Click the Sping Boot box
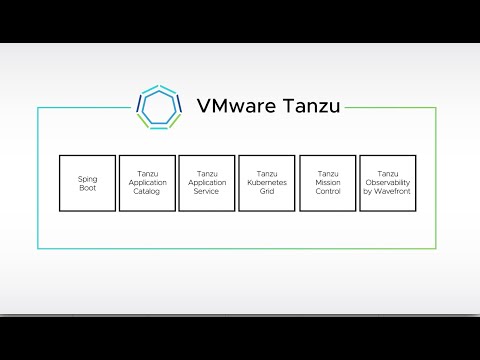(x=88, y=183)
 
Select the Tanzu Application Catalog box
(x=147, y=183)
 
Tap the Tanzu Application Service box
(x=207, y=183)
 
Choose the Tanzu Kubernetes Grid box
(x=267, y=183)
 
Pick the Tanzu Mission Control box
(x=327, y=183)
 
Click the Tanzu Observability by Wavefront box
(x=388, y=183)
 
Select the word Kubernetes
(x=267, y=183)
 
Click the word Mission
(x=327, y=183)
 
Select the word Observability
(x=388, y=183)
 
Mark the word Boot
(x=88, y=187)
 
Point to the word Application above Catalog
(x=147, y=183)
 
